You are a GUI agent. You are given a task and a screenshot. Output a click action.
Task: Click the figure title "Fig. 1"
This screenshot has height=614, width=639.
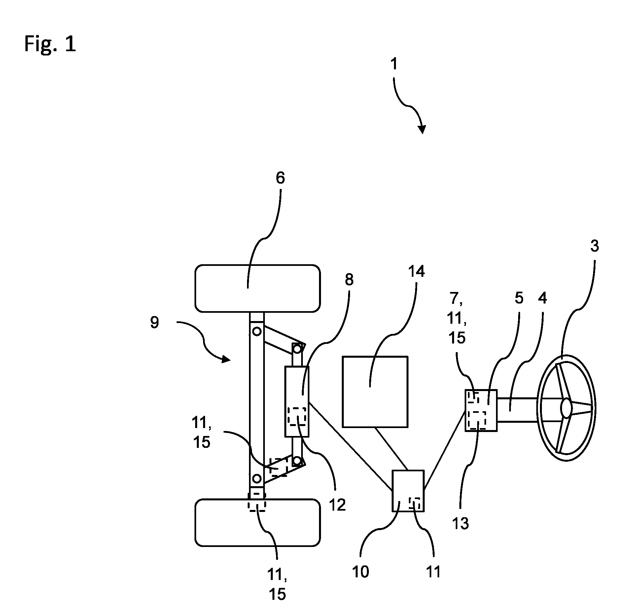(x=50, y=44)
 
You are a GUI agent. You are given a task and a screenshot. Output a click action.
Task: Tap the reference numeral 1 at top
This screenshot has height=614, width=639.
(x=394, y=64)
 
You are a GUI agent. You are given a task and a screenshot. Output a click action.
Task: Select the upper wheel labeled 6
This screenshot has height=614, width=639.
(x=257, y=288)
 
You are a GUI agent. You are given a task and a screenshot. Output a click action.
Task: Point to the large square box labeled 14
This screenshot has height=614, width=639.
(x=375, y=392)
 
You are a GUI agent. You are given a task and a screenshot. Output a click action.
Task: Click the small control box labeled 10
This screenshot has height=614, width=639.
(x=408, y=491)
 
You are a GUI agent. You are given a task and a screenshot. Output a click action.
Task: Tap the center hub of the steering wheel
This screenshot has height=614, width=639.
(x=566, y=408)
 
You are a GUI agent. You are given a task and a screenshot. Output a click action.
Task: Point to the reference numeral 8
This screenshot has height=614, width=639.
(x=349, y=280)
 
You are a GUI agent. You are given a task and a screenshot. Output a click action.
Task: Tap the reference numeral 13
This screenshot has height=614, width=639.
(x=460, y=524)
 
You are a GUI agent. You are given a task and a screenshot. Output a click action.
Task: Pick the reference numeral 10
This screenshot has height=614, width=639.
(x=360, y=572)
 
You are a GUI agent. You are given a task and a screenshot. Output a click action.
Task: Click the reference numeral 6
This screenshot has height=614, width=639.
(x=280, y=178)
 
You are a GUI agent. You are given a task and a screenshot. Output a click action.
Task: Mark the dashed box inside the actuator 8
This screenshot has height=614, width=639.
(x=297, y=416)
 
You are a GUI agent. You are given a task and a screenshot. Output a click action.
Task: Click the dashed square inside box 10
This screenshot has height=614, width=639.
(x=414, y=503)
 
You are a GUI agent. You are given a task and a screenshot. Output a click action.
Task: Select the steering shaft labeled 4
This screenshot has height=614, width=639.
(x=517, y=410)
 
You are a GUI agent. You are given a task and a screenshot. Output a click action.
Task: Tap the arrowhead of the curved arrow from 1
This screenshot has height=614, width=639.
(x=422, y=129)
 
